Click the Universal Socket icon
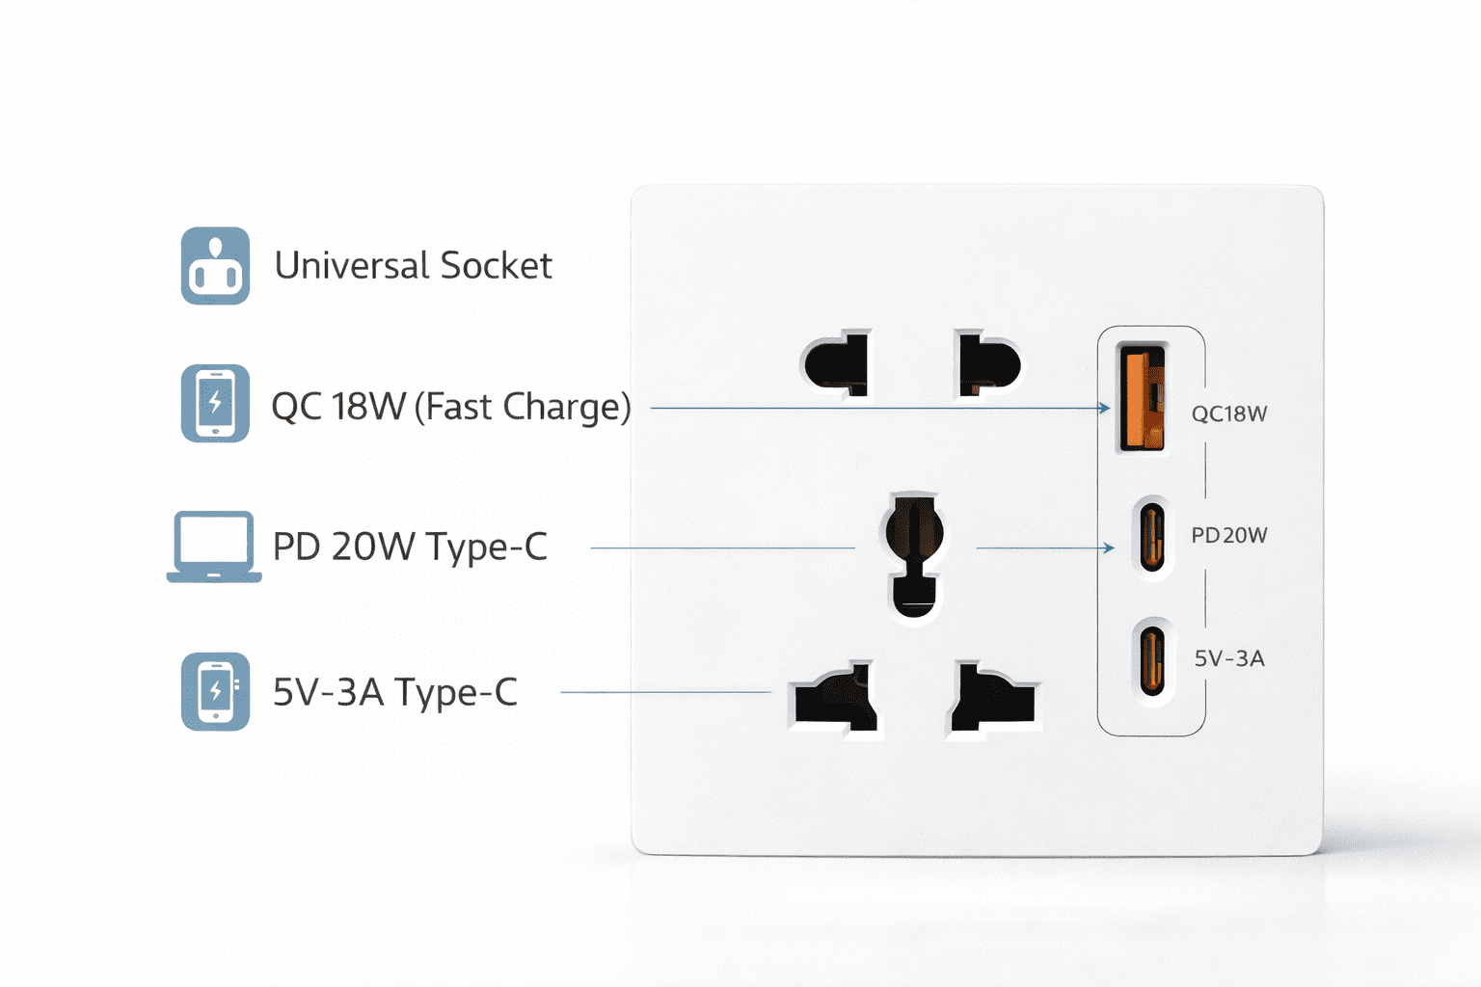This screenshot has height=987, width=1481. pyautogui.click(x=215, y=266)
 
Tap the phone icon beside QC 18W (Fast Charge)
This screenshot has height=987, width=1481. pyautogui.click(x=215, y=403)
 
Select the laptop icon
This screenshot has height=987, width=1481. pyautogui.click(x=213, y=547)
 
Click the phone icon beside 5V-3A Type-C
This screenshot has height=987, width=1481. pyautogui.click(x=215, y=691)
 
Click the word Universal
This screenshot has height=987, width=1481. pyautogui.click(x=352, y=265)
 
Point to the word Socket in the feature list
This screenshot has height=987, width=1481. pyautogui.click(x=496, y=265)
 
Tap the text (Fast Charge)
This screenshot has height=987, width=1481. pyautogui.click(x=523, y=407)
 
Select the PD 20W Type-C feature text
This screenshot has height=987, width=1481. pyautogui.click(x=410, y=547)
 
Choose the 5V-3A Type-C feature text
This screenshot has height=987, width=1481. pyautogui.click(x=395, y=692)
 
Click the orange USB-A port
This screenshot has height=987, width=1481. pyautogui.click(x=1142, y=397)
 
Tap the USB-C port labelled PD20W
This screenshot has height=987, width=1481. pyautogui.click(x=1151, y=537)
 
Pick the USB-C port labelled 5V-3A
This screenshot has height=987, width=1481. pyautogui.click(x=1151, y=660)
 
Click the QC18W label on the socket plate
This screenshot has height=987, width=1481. pyautogui.click(x=1228, y=413)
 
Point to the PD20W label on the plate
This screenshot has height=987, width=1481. pyautogui.click(x=1228, y=535)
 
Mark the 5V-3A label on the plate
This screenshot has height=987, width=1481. pyautogui.click(x=1228, y=658)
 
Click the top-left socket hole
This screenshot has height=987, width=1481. pyautogui.click(x=837, y=364)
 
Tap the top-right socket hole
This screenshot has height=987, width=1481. pyautogui.click(x=988, y=364)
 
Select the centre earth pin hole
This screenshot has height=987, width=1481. pyautogui.click(x=913, y=554)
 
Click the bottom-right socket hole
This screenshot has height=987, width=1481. pyautogui.click(x=993, y=699)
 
